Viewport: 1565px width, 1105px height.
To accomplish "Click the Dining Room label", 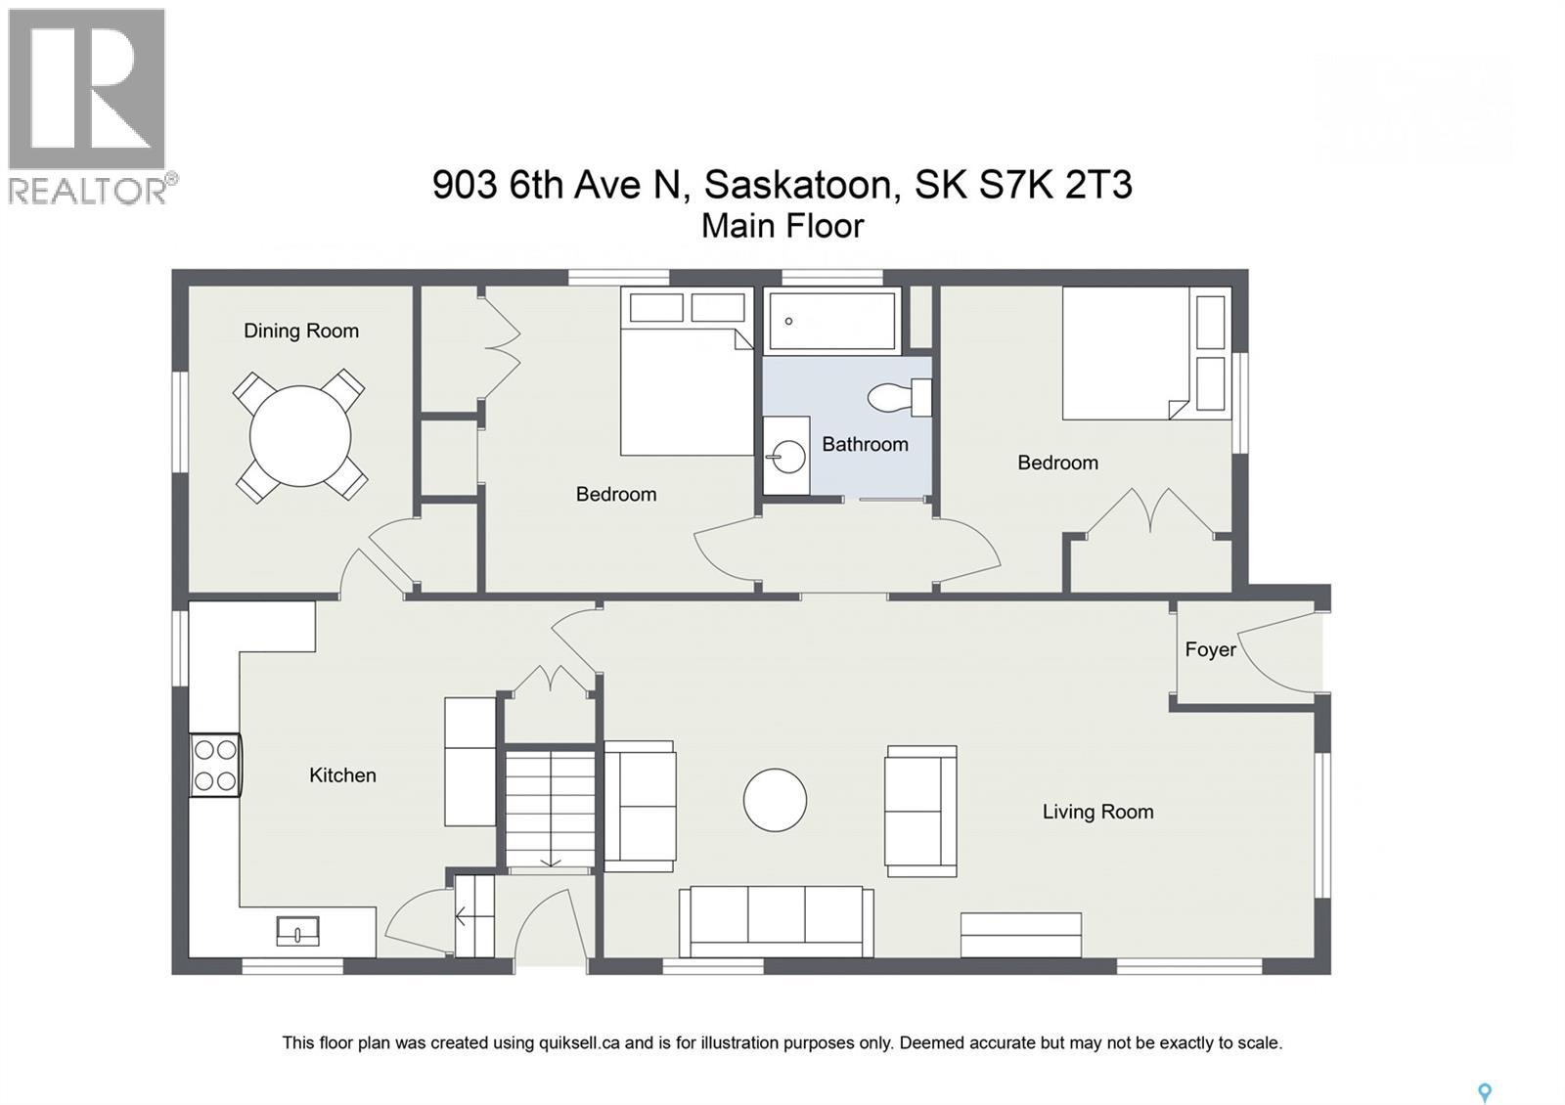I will [x=300, y=331].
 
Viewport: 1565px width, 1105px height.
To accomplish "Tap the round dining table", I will [x=300, y=436].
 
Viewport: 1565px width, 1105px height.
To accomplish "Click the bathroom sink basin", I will [x=786, y=456].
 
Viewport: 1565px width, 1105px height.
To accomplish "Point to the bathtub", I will [x=832, y=320].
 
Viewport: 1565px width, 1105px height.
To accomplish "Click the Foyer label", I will [x=1210, y=649].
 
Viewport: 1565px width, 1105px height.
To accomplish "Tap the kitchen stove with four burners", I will [x=215, y=765].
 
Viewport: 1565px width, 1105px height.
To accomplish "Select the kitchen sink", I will [x=297, y=931].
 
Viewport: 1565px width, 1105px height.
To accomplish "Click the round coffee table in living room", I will [x=775, y=800].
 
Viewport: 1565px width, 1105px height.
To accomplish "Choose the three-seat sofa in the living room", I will [x=777, y=920].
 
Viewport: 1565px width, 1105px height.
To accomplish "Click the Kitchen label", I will [x=342, y=774].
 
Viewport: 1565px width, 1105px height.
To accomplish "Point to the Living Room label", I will [x=1097, y=811].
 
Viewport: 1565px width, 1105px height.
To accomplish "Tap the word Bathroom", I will [x=865, y=444].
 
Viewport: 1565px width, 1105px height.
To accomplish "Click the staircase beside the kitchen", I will [x=550, y=808].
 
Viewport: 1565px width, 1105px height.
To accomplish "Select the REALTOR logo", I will [x=90, y=106].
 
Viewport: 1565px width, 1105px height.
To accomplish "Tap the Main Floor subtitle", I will [x=782, y=226].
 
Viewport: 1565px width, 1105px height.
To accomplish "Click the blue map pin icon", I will [x=1484, y=1093].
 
